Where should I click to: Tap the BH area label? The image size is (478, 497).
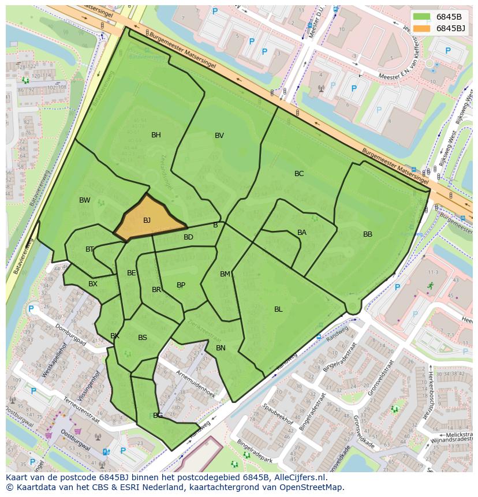pyautogui.click(x=156, y=135)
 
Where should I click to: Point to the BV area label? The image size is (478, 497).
pyautogui.click(x=219, y=136)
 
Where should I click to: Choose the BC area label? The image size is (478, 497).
pyautogui.click(x=299, y=174)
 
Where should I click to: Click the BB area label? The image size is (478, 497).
pyautogui.click(x=368, y=234)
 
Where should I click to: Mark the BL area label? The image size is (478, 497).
pyautogui.click(x=278, y=309)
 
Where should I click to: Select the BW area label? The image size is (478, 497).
pyautogui.click(x=85, y=200)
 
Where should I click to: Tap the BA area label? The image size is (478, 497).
pyautogui.click(x=302, y=233)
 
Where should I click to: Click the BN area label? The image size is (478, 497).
pyautogui.click(x=221, y=348)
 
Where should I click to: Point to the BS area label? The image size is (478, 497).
pyautogui.click(x=143, y=338)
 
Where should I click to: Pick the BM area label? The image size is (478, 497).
pyautogui.click(x=225, y=274)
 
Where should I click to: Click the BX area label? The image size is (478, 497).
pyautogui.click(x=93, y=284)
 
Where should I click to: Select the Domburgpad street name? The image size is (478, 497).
pyautogui.click(x=70, y=335)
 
